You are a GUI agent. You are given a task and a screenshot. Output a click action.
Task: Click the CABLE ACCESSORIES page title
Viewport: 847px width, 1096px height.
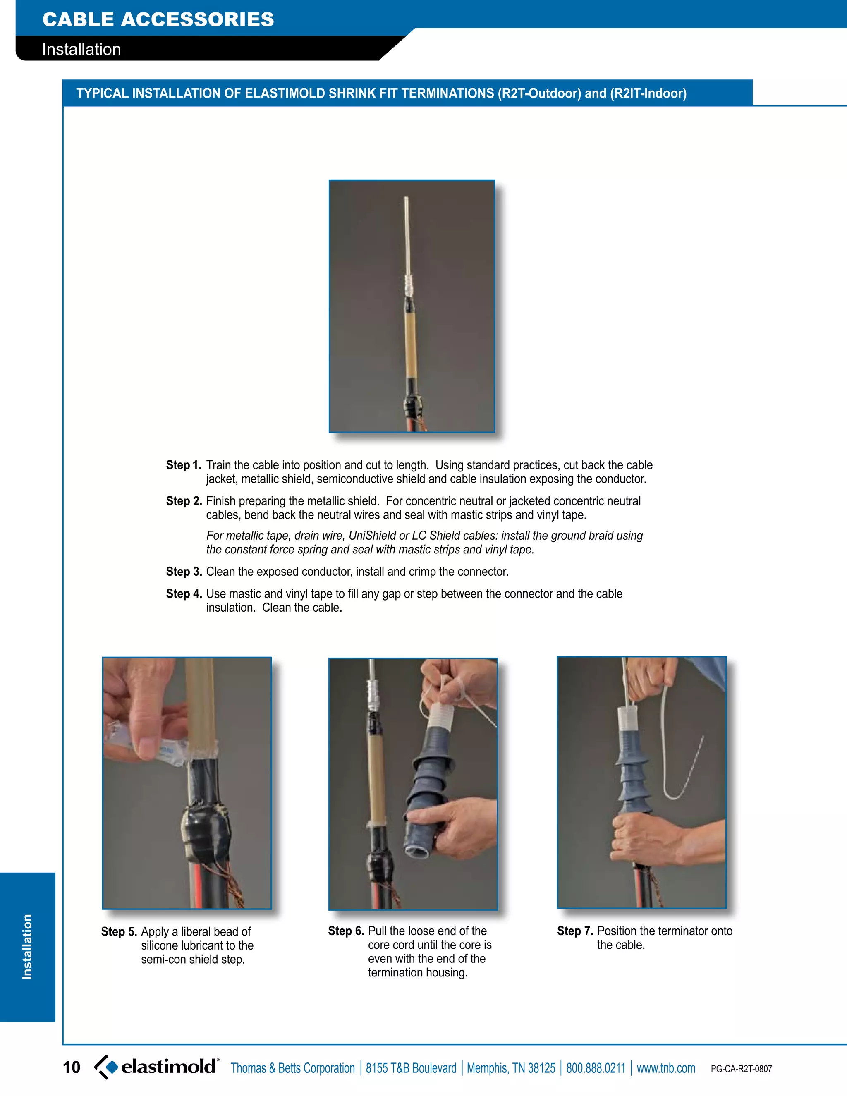[x=158, y=19]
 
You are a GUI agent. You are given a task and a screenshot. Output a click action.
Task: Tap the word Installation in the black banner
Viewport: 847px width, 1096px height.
[x=81, y=49]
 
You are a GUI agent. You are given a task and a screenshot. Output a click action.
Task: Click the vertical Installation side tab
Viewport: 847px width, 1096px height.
[x=27, y=946]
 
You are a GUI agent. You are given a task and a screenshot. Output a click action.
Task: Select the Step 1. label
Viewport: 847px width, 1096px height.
[x=184, y=465]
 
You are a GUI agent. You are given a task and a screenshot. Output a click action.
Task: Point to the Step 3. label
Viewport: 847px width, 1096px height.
[x=184, y=572]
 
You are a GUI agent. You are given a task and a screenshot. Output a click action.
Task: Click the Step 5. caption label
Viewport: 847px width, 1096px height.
[x=119, y=932]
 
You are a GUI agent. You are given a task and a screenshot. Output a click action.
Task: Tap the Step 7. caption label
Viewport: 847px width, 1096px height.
[x=575, y=931]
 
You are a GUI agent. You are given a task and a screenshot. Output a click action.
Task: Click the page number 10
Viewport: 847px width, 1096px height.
[x=71, y=1067]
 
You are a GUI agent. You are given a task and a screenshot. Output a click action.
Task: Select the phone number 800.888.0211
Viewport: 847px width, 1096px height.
[x=596, y=1068]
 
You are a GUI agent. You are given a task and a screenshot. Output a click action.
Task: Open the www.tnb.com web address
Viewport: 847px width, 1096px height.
[x=666, y=1068]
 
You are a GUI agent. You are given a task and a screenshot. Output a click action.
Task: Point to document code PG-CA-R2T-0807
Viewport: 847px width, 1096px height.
[x=741, y=1069]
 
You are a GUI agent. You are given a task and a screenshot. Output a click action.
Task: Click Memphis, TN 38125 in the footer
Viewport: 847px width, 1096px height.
[x=511, y=1068]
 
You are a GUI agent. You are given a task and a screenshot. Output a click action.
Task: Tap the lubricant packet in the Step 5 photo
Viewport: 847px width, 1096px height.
[x=146, y=743]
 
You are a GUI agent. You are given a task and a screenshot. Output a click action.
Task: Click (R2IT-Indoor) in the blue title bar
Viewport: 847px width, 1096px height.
[x=648, y=93]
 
